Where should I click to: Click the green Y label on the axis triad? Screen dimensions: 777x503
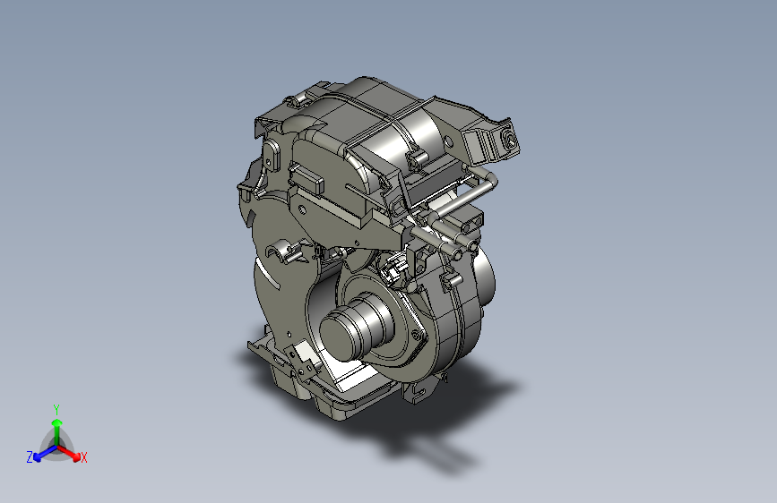[x=56, y=409]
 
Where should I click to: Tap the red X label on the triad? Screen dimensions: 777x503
[x=83, y=457]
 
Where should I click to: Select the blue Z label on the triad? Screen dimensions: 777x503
[x=30, y=457]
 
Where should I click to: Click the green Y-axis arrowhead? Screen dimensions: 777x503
[x=57, y=423]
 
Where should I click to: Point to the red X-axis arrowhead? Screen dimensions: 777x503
[x=75, y=456]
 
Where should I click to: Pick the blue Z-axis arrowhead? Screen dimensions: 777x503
[x=37, y=457]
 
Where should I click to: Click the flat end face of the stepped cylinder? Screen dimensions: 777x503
[x=339, y=337]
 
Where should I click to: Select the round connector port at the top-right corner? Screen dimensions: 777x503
[x=509, y=141]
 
